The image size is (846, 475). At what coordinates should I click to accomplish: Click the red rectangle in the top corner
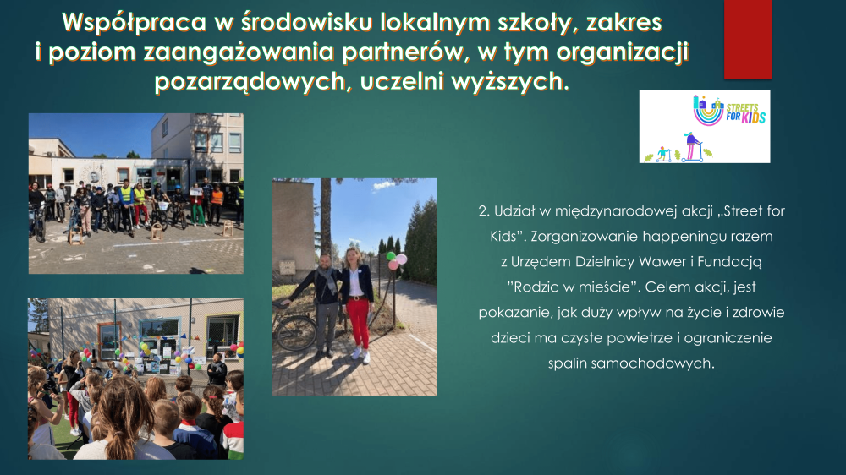747,40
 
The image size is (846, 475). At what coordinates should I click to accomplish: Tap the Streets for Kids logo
705,126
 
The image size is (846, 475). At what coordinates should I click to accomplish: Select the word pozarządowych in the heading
250,82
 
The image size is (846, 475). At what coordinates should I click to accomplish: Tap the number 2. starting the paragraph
484,210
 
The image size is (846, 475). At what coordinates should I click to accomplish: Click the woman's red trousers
358,322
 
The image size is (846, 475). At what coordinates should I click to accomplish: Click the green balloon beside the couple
391,256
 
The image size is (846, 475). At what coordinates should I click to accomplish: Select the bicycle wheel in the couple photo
294,333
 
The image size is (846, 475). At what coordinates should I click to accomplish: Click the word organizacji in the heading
622,52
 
